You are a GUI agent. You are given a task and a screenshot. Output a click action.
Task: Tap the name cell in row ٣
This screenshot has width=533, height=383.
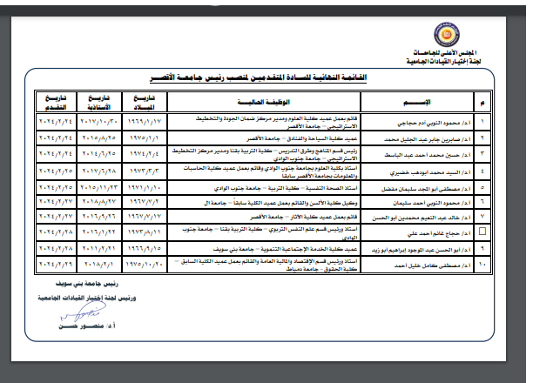(x=428, y=154)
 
